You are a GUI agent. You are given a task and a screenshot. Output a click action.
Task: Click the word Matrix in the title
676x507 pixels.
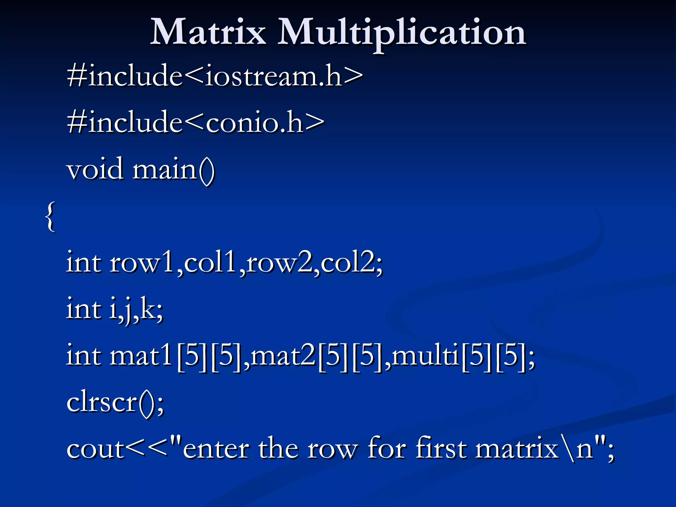208,32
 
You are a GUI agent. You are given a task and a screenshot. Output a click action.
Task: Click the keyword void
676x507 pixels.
95,169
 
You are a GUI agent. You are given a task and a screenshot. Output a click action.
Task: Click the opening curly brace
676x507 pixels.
50,217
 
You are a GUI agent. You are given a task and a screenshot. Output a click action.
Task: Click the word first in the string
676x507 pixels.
441,448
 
